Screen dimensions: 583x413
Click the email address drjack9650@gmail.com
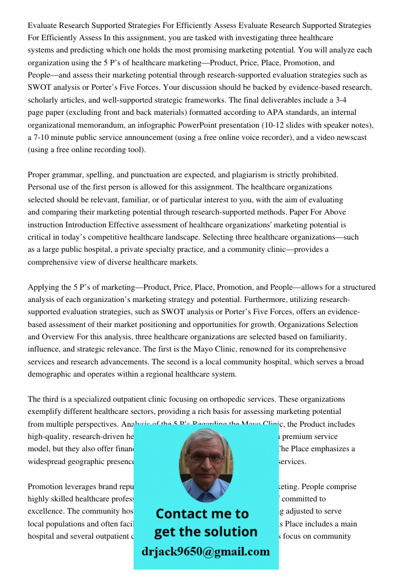tap(206, 552)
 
